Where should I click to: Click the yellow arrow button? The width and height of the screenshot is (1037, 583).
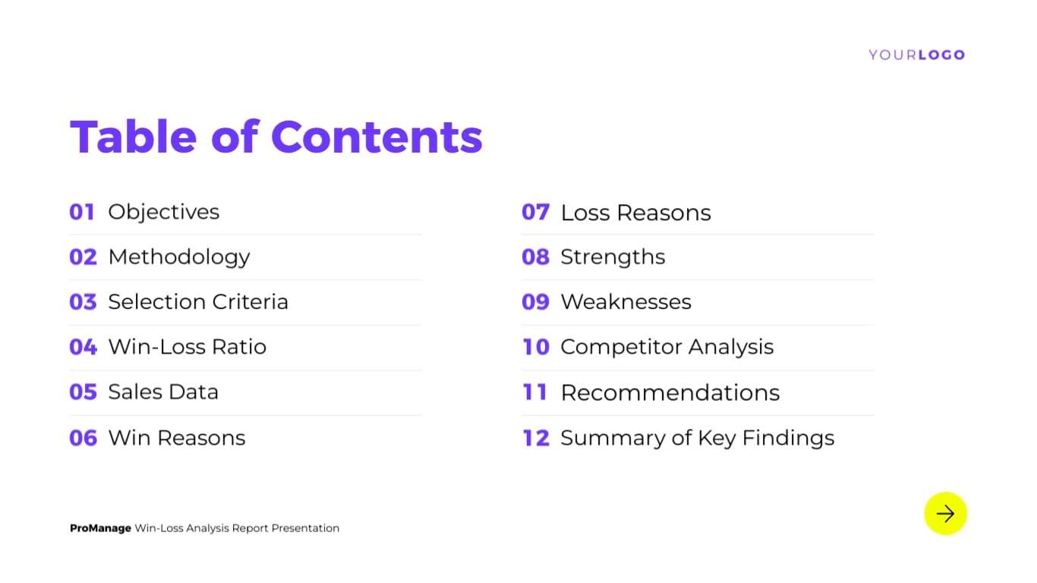coord(945,514)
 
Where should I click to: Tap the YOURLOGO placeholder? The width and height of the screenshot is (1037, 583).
coord(916,55)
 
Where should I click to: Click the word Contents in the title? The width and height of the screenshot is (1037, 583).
coord(377,137)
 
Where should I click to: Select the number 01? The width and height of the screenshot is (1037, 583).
coord(82,212)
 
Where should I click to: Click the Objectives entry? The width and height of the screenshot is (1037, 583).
coord(163,212)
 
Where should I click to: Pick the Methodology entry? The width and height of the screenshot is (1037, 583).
coord(178,257)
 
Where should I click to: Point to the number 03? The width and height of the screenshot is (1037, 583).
coord(83,302)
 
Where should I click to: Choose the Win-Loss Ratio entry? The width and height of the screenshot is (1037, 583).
coord(187,347)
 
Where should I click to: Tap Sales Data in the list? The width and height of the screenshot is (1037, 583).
coord(163,392)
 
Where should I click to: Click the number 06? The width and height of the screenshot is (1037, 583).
coord(83,438)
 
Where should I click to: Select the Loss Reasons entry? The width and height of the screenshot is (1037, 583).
coord(635,213)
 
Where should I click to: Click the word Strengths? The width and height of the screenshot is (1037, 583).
coord(613,257)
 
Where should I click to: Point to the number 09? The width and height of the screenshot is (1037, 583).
coord(535,302)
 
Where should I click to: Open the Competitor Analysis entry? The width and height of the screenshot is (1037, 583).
coord(667,347)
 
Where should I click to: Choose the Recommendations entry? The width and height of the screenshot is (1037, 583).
coord(670,392)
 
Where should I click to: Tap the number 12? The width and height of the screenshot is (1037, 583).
coord(535,438)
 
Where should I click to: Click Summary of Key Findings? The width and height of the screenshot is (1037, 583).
coord(697,438)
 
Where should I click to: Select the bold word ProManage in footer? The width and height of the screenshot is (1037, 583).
coord(100,528)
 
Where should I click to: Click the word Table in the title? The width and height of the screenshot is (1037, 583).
coord(134,137)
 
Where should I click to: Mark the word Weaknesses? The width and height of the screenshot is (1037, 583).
coord(626,302)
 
